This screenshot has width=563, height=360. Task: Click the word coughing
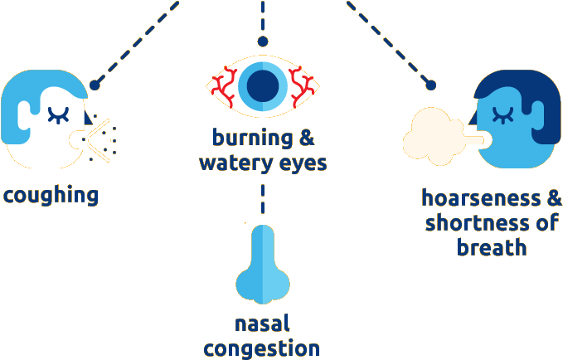click(x=50, y=196)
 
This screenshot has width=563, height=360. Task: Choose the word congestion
click(x=262, y=348)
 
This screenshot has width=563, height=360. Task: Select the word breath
click(x=493, y=247)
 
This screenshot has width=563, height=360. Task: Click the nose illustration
click(x=261, y=265)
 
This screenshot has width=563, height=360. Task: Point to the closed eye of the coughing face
click(x=58, y=113)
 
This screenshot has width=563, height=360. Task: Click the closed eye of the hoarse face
click(x=501, y=112)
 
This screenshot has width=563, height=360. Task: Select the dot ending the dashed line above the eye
click(x=263, y=41)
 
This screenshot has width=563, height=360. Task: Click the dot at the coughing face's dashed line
click(x=95, y=84)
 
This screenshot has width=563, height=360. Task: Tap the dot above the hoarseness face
click(x=430, y=84)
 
